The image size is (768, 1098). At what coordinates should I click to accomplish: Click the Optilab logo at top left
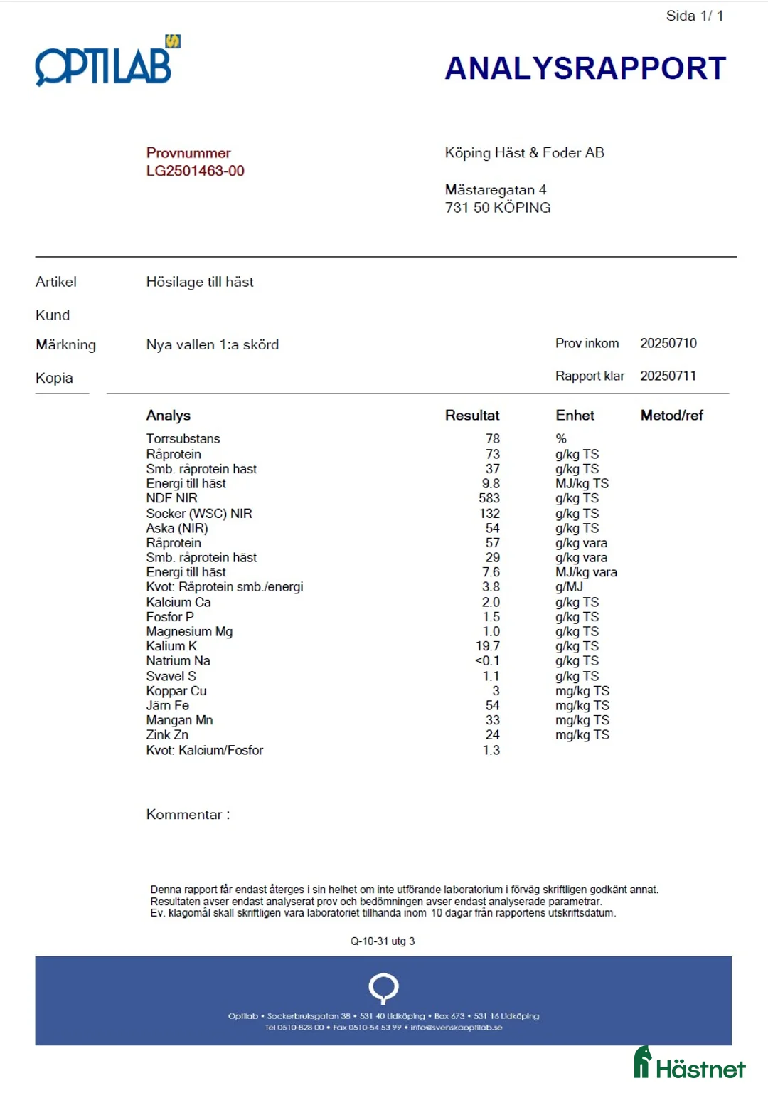pos(107,63)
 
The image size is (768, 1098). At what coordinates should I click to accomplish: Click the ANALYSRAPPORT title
pos(585,68)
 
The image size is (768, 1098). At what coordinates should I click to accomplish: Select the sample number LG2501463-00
pos(195,171)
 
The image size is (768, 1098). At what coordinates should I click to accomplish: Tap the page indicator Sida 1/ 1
pos(694,16)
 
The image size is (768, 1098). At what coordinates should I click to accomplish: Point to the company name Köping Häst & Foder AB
pos(524,152)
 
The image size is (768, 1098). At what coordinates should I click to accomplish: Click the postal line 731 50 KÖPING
pos(498,208)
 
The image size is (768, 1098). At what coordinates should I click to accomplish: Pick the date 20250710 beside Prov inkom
pos(668,343)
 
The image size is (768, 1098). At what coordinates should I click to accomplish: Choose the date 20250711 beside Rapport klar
pos(668,376)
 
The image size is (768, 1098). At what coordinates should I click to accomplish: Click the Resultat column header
pos(472,416)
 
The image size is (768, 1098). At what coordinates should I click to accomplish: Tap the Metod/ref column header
pos(671,416)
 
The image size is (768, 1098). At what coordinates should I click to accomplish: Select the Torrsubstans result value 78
pos(492,439)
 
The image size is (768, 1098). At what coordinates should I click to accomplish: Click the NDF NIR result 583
pos(489,498)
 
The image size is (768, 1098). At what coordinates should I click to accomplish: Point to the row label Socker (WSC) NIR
pos(199,513)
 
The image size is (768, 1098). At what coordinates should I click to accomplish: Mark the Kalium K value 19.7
pos(488,646)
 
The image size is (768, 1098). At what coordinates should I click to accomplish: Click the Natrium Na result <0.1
pos(487,660)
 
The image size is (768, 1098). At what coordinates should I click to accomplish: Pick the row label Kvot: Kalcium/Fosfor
pos(205,750)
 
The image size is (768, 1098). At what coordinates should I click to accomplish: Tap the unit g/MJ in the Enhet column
pos(569,587)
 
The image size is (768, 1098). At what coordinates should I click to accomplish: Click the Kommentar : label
pos(188,815)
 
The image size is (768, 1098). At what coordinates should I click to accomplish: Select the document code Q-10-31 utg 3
pos(383,941)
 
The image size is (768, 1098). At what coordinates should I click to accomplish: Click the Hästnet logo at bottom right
pos(689,1065)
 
